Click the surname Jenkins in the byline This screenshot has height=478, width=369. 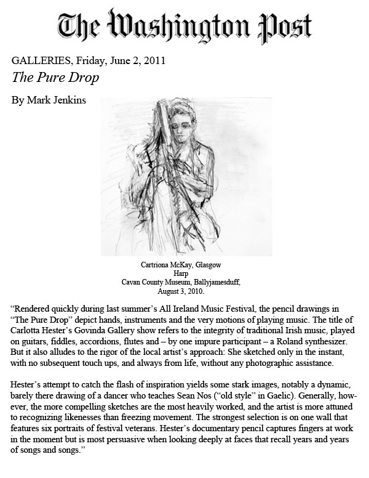tap(66, 99)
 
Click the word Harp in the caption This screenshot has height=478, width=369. tap(184, 273)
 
